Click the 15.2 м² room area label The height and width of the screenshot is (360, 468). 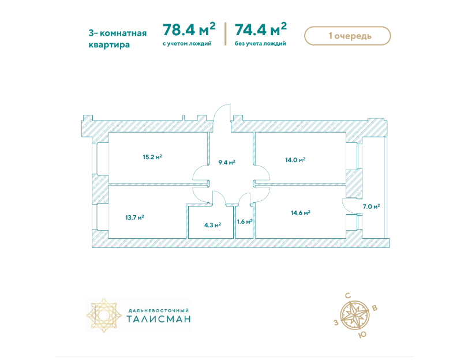coord(152,157)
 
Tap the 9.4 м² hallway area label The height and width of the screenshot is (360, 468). coord(227,162)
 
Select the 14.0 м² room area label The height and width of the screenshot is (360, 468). coord(295,160)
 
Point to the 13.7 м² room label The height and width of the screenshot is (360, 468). coord(134,217)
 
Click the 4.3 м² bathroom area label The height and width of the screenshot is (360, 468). coord(212,225)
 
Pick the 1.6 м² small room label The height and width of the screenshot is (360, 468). coord(245,222)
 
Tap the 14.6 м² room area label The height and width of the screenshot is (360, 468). coord(301,213)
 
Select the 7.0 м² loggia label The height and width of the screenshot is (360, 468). coord(371,207)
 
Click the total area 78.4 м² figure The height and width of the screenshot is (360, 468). coord(189,29)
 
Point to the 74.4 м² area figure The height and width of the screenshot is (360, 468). coord(261,29)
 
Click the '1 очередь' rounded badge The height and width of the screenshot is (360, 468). coord(347,36)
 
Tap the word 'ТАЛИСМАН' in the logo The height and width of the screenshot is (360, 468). coord(159,319)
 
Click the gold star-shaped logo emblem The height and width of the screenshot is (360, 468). coord(104,315)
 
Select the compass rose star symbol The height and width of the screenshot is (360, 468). coord(355,315)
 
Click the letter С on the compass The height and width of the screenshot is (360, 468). coord(348,296)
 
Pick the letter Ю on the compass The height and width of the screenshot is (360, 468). coord(362,335)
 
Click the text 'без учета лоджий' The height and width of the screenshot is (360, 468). coord(260,44)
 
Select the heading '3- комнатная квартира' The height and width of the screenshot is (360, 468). coord(118,39)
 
